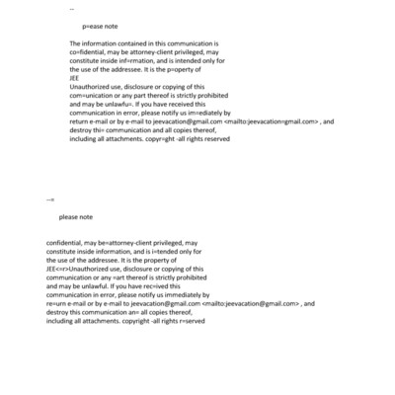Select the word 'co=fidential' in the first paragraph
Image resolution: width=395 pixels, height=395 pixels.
coord(91,53)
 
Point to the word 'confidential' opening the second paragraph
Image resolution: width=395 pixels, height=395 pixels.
coord(66,243)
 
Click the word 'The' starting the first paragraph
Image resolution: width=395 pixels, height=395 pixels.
coord(76,44)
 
